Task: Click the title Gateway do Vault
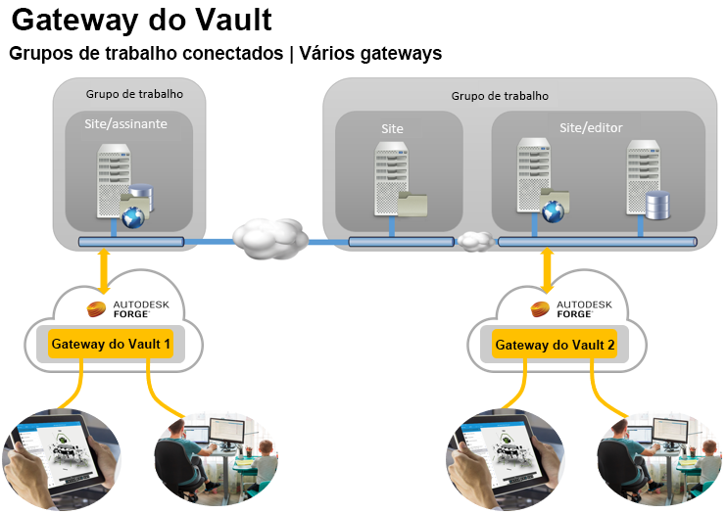[141, 20]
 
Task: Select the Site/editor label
[591, 128]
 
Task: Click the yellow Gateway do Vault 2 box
[556, 345]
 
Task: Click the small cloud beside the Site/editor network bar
[475, 240]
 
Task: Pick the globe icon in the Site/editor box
[553, 209]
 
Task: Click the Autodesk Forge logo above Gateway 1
[128, 309]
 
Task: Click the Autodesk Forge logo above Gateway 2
[571, 309]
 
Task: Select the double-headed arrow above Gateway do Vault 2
[546, 271]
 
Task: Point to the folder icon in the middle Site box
[412, 203]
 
